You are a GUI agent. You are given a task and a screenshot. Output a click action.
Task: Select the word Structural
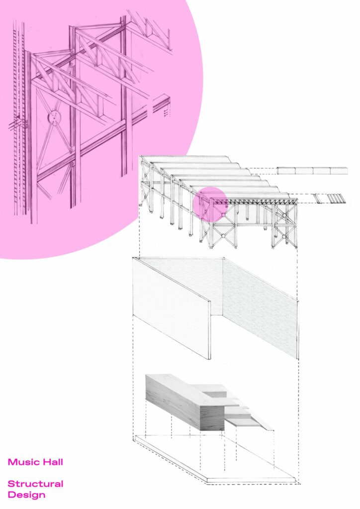click(x=35, y=484)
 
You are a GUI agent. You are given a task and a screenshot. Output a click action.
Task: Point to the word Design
click(x=27, y=495)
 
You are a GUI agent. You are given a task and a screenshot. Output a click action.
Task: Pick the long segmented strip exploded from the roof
click(x=312, y=171)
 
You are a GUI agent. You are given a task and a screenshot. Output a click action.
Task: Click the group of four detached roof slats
click(x=335, y=198)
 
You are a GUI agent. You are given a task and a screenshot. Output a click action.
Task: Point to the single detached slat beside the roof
click(x=317, y=198)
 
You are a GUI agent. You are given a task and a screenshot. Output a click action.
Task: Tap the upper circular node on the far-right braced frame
click(x=285, y=215)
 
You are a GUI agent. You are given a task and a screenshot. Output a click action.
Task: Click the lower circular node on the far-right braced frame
click(x=284, y=237)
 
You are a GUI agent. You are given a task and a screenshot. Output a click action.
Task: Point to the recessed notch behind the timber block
click(x=216, y=394)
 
